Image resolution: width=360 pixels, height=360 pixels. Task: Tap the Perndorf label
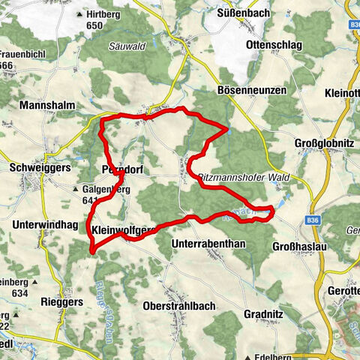point(120,170)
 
